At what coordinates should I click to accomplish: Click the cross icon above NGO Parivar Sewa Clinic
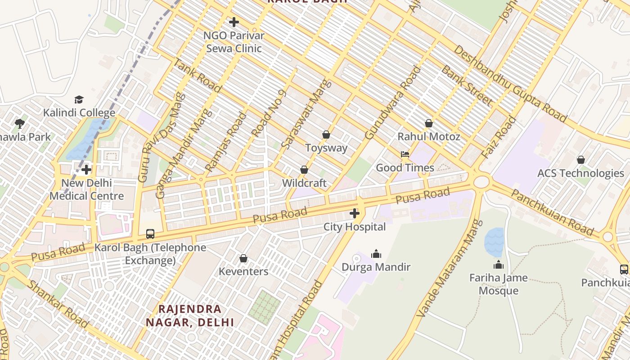tap(234, 22)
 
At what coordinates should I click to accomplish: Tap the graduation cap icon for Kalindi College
tap(79, 99)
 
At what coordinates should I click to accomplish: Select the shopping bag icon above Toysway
tap(326, 135)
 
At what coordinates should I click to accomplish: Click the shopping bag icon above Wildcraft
tap(304, 170)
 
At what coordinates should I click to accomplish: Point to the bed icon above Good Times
tap(405, 154)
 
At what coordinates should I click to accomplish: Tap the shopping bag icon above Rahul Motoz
tap(429, 123)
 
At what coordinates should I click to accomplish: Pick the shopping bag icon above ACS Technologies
tap(581, 160)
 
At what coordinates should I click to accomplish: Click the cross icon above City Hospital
tap(355, 213)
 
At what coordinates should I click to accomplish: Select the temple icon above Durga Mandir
tap(376, 254)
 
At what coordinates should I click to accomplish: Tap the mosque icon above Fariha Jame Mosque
tap(498, 264)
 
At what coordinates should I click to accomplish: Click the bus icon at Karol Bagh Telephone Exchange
tap(150, 234)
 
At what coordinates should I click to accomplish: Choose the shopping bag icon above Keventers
tap(243, 258)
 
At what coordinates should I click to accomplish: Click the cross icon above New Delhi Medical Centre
tap(86, 170)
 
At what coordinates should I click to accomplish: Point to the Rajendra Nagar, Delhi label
tap(190, 315)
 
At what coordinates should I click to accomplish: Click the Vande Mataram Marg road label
tap(444, 268)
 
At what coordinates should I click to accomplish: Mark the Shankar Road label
tap(57, 304)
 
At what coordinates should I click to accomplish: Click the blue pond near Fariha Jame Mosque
tap(494, 242)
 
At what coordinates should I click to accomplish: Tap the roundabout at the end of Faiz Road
tap(481, 182)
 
